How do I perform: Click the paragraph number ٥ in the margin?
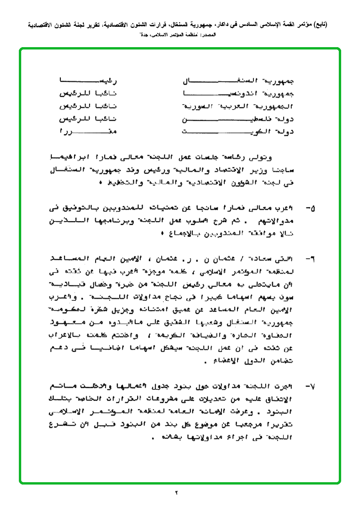click(311, 208)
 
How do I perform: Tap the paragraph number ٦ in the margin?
click(311, 259)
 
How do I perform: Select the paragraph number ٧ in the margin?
click(311, 387)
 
